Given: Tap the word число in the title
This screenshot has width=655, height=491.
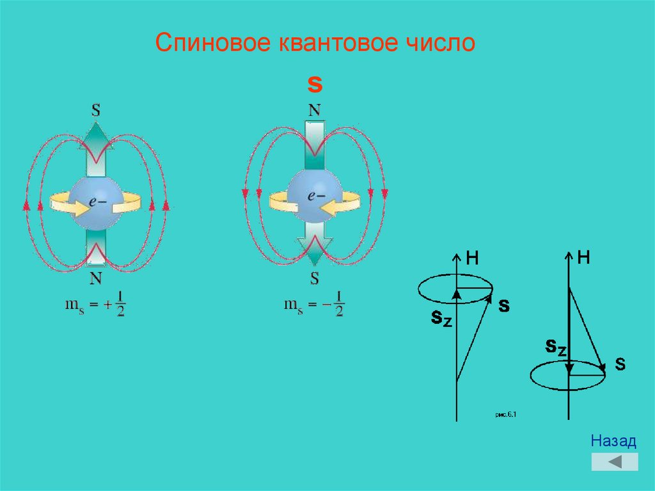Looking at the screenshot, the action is [441, 43].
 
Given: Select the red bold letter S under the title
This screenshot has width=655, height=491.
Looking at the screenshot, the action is [315, 85].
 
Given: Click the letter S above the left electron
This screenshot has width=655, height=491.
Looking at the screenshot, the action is [95, 110].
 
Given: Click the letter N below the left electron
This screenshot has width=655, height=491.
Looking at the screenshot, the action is [95, 278].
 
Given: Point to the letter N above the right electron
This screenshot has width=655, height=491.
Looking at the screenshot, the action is [315, 110].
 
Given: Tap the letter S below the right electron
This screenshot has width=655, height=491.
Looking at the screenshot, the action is [315, 278].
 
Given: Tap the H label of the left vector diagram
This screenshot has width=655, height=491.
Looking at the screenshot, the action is [472, 258].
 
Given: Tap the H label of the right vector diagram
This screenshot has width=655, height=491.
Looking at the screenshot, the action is [583, 257].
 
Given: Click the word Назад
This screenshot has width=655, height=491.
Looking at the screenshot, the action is [613, 441].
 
